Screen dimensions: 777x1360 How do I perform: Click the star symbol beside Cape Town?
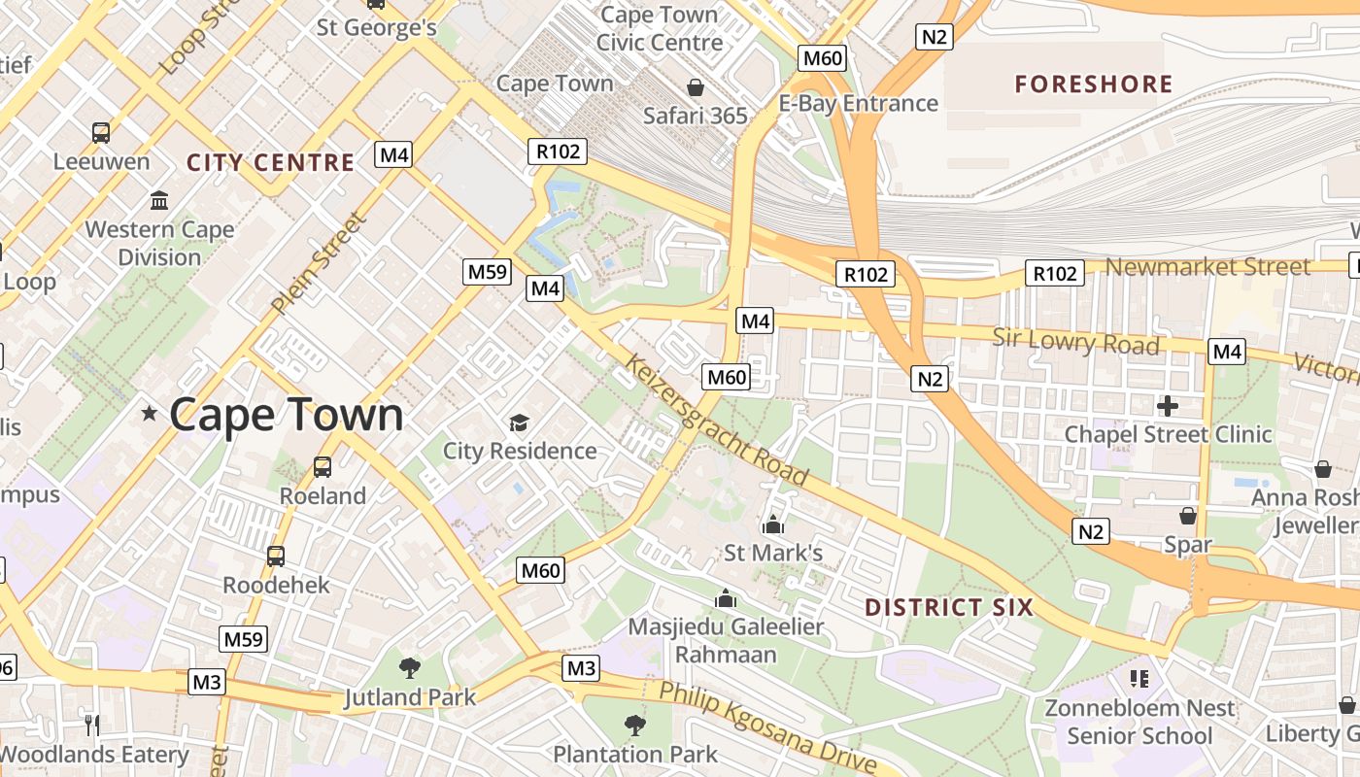(149, 414)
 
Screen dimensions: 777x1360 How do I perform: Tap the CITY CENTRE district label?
(270, 162)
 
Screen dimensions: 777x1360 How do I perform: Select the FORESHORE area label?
(1094, 84)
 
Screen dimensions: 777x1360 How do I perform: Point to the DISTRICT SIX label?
(949, 608)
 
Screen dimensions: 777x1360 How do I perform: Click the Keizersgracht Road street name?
(717, 421)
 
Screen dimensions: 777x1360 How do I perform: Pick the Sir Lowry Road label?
(1075, 342)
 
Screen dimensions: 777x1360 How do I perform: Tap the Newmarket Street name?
(1207, 266)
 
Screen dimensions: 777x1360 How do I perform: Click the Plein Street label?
(319, 263)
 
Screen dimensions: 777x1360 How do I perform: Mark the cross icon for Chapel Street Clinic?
(1168, 405)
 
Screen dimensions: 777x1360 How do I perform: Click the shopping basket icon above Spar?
(1187, 515)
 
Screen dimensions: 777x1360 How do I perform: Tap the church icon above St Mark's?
(773, 524)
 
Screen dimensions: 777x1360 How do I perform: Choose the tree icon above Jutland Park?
(410, 667)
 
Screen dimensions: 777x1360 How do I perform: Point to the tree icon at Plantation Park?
(634, 725)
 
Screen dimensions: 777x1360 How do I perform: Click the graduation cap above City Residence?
(519, 422)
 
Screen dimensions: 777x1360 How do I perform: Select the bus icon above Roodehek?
(276, 557)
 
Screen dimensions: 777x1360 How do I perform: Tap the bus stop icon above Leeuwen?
(101, 132)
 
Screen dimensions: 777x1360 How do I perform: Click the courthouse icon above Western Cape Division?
(159, 201)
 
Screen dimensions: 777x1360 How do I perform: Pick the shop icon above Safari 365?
(696, 87)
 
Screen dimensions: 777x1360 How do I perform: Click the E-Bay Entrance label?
(859, 103)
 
